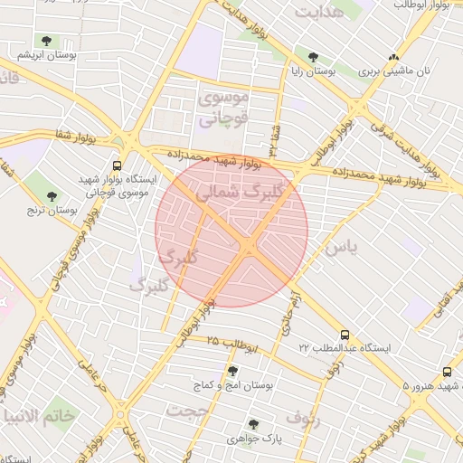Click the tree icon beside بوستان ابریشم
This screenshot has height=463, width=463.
tap(46, 41)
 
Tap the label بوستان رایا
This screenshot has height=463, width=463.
tap(313, 70)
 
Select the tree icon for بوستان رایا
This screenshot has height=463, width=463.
tap(313, 56)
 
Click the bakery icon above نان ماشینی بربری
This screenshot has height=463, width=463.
tap(392, 57)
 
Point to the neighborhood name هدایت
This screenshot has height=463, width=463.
tap(320, 14)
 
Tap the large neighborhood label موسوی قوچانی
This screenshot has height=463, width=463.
tap(222, 107)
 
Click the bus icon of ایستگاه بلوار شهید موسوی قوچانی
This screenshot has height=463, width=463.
tap(117, 166)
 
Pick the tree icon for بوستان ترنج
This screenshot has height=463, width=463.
tap(51, 195)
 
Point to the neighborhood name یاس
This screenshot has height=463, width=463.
tap(345, 246)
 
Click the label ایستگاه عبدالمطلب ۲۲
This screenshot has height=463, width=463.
tap(344, 347)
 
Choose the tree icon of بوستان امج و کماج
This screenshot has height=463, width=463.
tap(232, 371)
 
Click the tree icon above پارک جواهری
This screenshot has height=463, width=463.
tap(253, 423)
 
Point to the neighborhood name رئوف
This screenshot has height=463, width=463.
tap(303, 418)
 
